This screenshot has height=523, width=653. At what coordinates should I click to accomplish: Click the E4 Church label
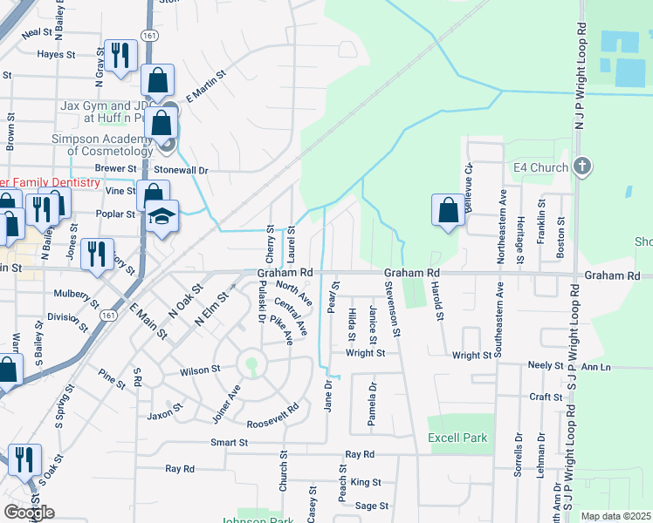pyautogui.click(x=541, y=166)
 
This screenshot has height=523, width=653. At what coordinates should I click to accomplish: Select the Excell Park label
pyautogui.click(x=457, y=438)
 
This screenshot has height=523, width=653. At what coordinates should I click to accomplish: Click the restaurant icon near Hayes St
pyautogui.click(x=120, y=55)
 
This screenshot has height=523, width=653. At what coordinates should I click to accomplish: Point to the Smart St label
pyautogui.click(x=229, y=443)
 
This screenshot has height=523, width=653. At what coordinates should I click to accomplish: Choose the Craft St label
pyautogui.click(x=546, y=397)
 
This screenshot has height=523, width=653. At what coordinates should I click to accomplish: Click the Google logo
pyautogui.click(x=29, y=513)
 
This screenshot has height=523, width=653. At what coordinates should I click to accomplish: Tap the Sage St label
pyautogui.click(x=371, y=506)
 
